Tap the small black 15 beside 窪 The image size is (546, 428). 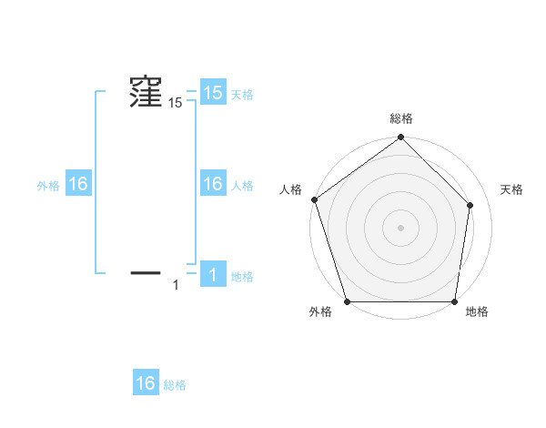(175, 104)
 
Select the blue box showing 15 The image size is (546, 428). (213, 93)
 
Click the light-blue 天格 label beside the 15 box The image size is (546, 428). (242, 94)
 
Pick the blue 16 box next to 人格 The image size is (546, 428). (213, 184)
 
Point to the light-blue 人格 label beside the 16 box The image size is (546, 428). (242, 185)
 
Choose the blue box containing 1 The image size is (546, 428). (213, 275)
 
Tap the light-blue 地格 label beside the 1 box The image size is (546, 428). (242, 276)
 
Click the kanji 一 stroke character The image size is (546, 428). (146, 271)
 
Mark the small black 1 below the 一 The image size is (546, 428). (176, 286)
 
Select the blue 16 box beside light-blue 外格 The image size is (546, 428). (78, 184)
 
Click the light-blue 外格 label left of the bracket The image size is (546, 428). (48, 185)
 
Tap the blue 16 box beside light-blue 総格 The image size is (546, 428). (146, 383)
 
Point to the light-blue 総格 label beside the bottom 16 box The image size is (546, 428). (175, 385)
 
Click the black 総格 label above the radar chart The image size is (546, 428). (401, 118)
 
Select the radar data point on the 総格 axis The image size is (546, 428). (401, 138)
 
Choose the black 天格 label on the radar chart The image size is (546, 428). (511, 189)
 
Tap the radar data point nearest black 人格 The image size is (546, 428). (314, 199)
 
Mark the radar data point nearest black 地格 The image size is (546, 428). (454, 301)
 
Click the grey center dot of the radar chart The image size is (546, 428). (401, 228)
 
